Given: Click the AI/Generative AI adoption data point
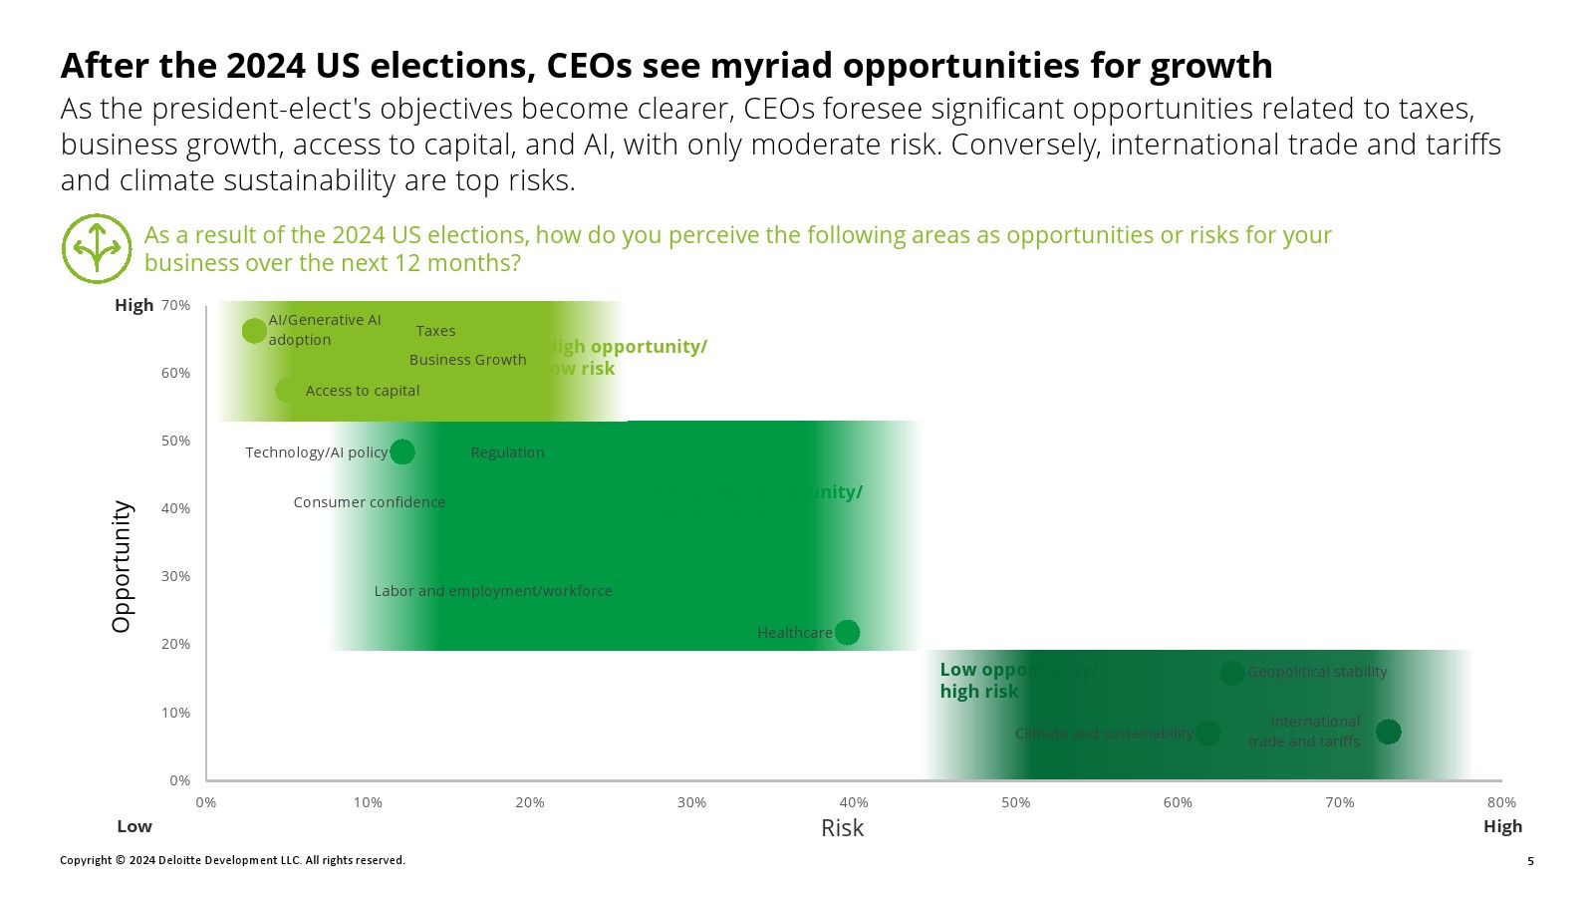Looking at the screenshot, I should tap(254, 330).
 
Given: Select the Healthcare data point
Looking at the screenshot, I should tap(847, 632).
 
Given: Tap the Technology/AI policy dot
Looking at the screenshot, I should tap(402, 451).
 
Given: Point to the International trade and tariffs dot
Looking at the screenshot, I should tap(1388, 732).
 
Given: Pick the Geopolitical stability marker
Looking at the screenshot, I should tap(1232, 673).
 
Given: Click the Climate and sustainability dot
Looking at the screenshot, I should tap(1207, 734).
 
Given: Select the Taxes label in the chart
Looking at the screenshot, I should tap(435, 331).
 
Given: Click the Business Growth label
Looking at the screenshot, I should tap(467, 360).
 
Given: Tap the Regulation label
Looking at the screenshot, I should tap(507, 452).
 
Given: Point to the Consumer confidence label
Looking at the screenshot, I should tap(369, 502).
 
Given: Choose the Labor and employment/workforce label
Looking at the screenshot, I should tap(493, 591).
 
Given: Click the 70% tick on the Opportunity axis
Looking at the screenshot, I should tap(175, 305).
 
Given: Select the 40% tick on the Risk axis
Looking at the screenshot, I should tap(854, 802).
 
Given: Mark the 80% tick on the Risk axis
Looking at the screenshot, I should tap(1501, 802).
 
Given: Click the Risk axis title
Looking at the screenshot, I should tap(842, 828).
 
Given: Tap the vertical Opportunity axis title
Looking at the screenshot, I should tap(122, 566).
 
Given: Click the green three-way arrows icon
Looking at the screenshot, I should tap(97, 248).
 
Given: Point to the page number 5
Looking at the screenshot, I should tap(1530, 861).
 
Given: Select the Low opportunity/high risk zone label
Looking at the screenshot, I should tap(979, 681).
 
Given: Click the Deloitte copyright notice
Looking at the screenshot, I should tap(232, 860).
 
